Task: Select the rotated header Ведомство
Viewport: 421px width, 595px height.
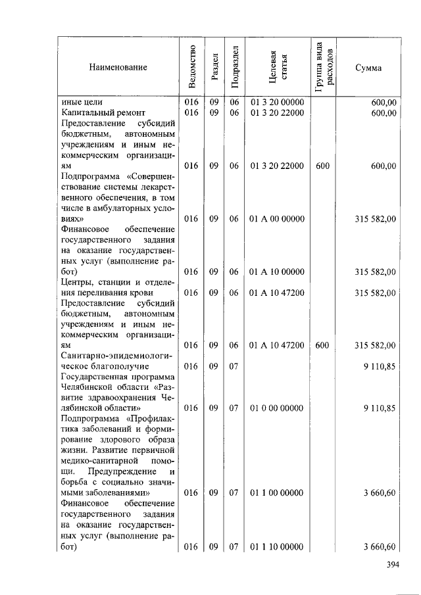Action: pyautogui.click(x=192, y=66)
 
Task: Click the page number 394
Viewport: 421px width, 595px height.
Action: pyautogui.click(x=392, y=565)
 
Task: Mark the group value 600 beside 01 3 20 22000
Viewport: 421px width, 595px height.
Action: pyautogui.click(x=322, y=166)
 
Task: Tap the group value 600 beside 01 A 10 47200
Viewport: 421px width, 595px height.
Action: pyautogui.click(x=322, y=345)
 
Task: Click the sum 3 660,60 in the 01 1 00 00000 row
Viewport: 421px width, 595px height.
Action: pyautogui.click(x=379, y=492)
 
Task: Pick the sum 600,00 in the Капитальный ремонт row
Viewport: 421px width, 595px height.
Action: pyautogui.click(x=384, y=114)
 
